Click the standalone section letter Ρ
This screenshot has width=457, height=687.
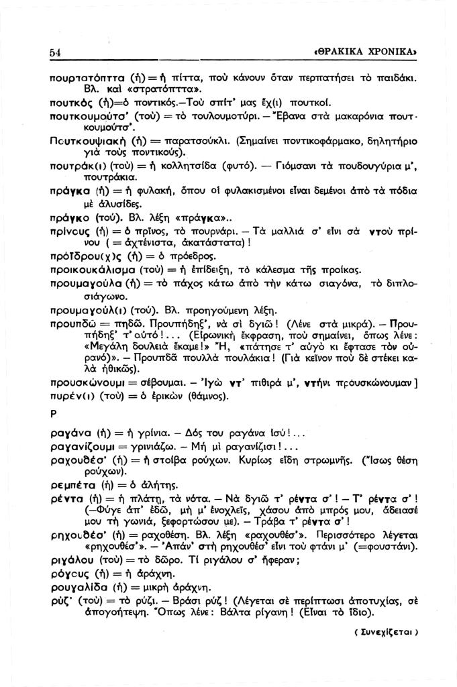tap(54, 414)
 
